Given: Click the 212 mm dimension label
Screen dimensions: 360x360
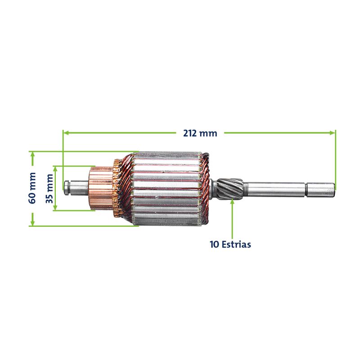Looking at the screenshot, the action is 200,133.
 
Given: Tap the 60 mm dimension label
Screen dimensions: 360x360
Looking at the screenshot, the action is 32,188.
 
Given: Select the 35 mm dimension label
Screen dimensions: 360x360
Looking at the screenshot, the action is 49,189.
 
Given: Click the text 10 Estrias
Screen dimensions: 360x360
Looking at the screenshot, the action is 230,244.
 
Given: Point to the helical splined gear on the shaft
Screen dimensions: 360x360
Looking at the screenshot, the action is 230,188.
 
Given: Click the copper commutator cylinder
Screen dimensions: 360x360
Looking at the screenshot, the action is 101,188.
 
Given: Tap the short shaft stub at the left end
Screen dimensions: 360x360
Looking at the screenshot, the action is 76,188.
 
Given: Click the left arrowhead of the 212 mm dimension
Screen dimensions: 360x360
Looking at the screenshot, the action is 66,133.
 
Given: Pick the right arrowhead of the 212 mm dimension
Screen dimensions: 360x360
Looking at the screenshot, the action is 332,133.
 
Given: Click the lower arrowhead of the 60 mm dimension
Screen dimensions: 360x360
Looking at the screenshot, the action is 32,223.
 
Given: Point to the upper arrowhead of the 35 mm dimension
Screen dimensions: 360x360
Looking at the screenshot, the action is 55,169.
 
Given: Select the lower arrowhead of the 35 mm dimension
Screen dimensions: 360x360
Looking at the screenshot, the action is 55,207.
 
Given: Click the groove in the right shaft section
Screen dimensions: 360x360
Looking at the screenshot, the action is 306,189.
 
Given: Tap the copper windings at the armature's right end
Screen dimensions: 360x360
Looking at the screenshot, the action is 205,188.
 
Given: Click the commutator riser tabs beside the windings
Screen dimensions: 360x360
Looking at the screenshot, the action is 117,188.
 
